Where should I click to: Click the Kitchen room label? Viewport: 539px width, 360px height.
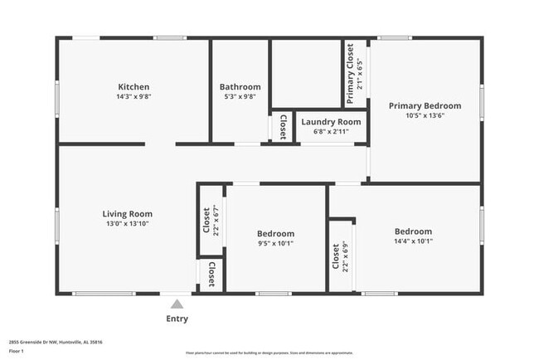pyautogui.click(x=134, y=86)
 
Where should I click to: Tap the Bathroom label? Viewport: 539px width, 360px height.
pyautogui.click(x=240, y=86)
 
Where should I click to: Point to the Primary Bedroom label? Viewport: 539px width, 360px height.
pyautogui.click(x=425, y=105)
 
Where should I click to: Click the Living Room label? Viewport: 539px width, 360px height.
pyautogui.click(x=127, y=213)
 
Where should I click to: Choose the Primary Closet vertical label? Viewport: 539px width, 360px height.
pyautogui.click(x=351, y=75)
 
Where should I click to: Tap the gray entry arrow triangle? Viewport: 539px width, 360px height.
pyautogui.click(x=177, y=304)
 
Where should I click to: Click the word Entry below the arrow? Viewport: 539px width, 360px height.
pyautogui.click(x=177, y=319)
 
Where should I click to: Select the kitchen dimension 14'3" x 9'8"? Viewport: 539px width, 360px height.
pyautogui.click(x=134, y=96)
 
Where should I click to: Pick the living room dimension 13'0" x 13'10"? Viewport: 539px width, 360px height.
pyautogui.click(x=127, y=223)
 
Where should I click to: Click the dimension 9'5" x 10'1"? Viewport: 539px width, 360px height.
pyautogui.click(x=274, y=243)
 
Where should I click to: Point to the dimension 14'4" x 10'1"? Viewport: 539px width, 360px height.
pyautogui.click(x=413, y=241)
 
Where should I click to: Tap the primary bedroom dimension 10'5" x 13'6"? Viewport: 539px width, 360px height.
pyautogui.click(x=425, y=115)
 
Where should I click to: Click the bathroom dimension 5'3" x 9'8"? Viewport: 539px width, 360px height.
pyautogui.click(x=240, y=96)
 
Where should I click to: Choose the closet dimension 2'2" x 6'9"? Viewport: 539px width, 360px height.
pyautogui.click(x=346, y=256)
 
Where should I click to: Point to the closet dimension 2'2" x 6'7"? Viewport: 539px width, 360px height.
pyautogui.click(x=215, y=221)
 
